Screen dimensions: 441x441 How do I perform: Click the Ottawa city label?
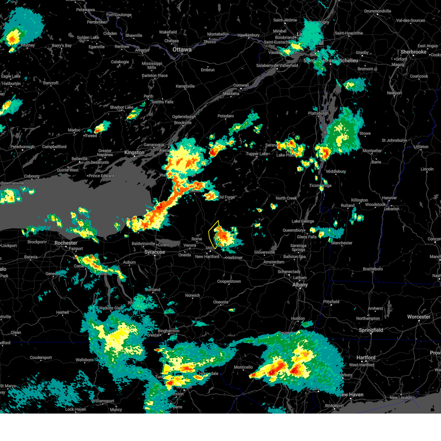(x=182, y=50)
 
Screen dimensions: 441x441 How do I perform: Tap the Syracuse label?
(x=154, y=252)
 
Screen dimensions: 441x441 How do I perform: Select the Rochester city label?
(x=66, y=243)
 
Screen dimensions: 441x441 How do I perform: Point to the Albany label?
(x=300, y=285)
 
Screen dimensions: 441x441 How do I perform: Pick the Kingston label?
(x=134, y=153)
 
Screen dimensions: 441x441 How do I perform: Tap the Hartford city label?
(x=366, y=358)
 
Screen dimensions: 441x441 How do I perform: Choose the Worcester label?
(x=419, y=317)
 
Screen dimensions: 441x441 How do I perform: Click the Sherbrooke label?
(x=413, y=52)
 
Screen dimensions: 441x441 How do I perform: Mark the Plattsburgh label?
(x=318, y=113)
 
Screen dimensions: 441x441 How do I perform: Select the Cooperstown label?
(x=229, y=282)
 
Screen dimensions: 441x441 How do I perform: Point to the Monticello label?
(x=243, y=367)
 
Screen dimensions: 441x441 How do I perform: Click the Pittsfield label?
(x=331, y=302)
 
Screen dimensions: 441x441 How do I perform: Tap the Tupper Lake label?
(x=257, y=154)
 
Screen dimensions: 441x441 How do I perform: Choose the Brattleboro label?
(x=373, y=269)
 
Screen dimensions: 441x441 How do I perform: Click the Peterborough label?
(x=22, y=147)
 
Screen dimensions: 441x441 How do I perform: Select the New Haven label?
(x=351, y=395)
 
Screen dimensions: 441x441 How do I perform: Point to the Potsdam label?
(x=225, y=116)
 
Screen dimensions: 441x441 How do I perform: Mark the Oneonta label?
(x=220, y=302)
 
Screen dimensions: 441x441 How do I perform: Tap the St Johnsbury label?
(x=393, y=140)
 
